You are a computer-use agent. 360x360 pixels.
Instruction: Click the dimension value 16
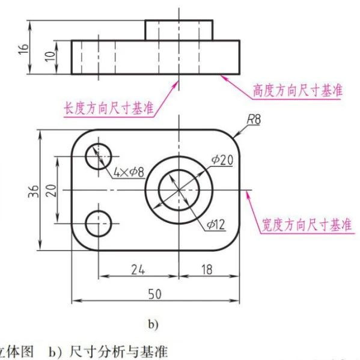(x=23, y=49)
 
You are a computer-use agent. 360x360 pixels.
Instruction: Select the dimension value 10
(x=50, y=56)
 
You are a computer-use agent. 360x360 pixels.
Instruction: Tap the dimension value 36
(x=34, y=191)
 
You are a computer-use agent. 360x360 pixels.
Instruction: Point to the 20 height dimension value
(x=51, y=191)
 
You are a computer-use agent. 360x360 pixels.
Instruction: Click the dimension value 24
(x=138, y=269)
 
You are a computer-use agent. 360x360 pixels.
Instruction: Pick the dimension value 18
(x=207, y=269)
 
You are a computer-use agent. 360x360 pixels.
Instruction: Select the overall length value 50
(x=155, y=294)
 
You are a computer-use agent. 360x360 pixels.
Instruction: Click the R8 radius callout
(x=254, y=120)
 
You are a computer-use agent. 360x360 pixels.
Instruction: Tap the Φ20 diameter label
(x=222, y=160)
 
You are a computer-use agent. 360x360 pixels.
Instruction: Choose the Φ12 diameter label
(x=216, y=224)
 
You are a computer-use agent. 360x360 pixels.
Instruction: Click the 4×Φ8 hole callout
(x=129, y=172)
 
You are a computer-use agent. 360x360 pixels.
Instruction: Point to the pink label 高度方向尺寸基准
(x=297, y=90)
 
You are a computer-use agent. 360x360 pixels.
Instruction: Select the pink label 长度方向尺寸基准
(x=109, y=108)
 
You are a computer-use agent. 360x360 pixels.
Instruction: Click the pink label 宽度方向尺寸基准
(x=307, y=225)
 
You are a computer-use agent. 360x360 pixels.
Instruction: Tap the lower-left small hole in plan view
(x=99, y=224)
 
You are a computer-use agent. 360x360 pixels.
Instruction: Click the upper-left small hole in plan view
(x=99, y=156)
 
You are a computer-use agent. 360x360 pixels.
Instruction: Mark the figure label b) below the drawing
(x=153, y=325)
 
